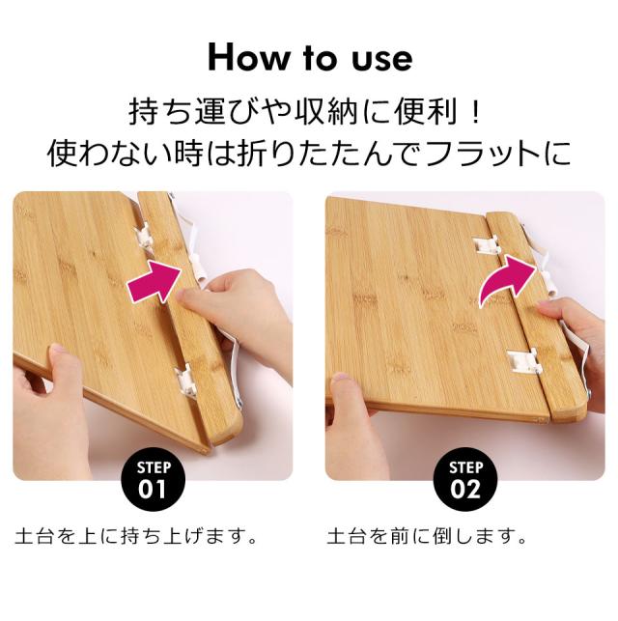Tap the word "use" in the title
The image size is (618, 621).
tap(378, 58)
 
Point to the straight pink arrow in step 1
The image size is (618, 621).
tap(154, 278)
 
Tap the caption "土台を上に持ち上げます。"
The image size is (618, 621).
tap(135, 534)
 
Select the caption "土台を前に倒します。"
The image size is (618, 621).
tap(428, 534)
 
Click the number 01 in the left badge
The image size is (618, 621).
tap(154, 488)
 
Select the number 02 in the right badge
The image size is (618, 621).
tap(465, 488)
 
